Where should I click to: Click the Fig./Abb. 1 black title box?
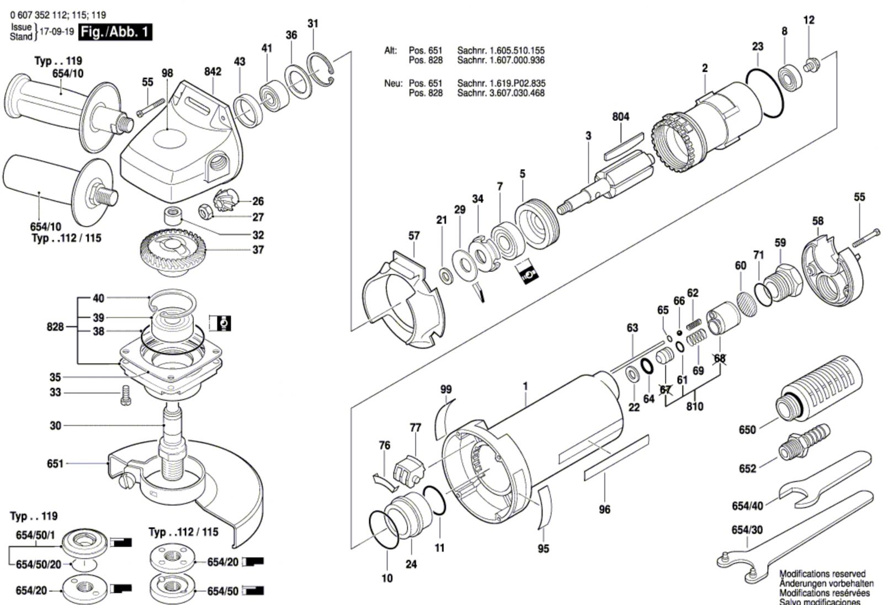point(115,32)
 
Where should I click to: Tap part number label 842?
point(213,71)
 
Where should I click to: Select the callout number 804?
point(620,116)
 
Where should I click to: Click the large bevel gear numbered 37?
point(173,252)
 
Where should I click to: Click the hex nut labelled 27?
point(206,212)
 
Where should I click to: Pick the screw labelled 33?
point(125,396)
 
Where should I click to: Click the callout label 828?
point(55,327)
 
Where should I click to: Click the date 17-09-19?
point(57,31)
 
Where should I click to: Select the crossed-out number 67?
point(666,390)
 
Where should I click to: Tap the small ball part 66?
point(679,332)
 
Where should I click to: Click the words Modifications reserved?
point(823,574)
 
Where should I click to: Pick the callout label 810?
point(695,406)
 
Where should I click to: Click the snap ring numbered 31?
point(321,70)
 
